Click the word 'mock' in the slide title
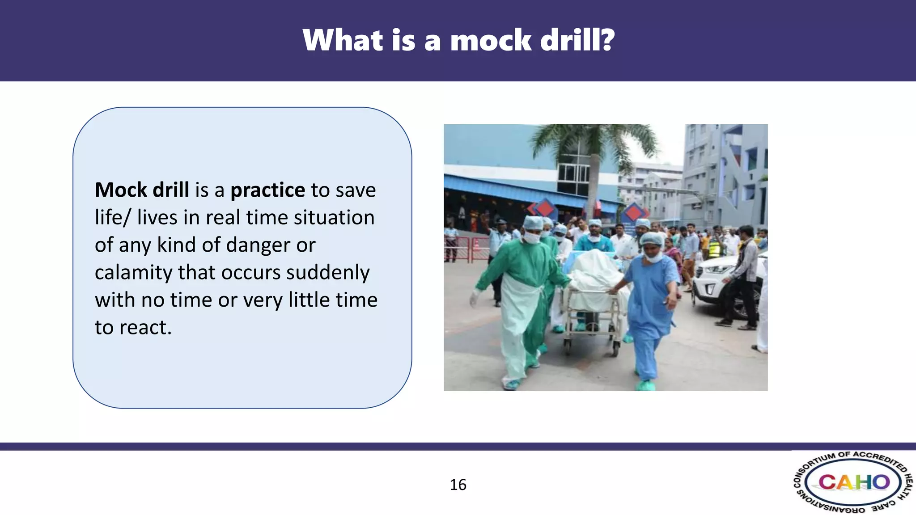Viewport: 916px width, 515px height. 490,40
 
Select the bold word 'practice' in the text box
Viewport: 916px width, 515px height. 267,190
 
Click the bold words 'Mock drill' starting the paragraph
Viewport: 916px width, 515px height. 142,190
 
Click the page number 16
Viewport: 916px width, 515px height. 458,485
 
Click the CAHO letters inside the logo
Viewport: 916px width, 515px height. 853,482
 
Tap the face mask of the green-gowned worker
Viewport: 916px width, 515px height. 531,237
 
